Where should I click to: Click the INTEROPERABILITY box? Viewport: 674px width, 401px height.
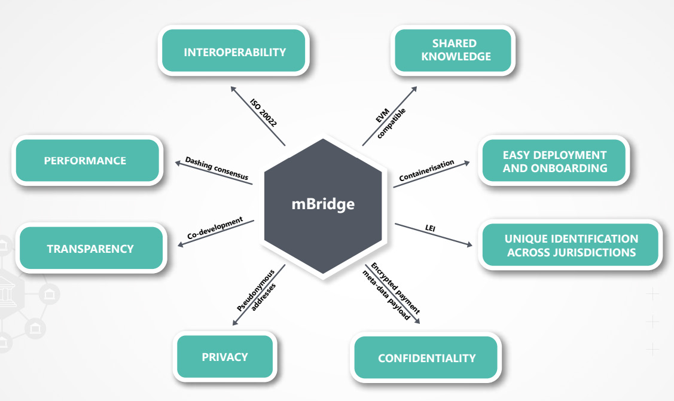[234, 52]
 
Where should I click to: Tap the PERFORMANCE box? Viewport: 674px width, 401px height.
[85, 160]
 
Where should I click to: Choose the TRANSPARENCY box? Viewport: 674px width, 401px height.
[90, 248]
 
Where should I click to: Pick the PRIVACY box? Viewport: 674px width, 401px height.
[224, 357]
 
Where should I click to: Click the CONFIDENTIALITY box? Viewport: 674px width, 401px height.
[426, 358]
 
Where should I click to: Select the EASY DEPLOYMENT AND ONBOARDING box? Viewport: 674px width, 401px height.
[554, 161]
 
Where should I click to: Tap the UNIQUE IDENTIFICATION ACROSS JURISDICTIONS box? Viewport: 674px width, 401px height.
[571, 246]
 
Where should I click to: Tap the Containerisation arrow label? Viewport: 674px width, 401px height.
[426, 170]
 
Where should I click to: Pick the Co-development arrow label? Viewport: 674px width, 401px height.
[215, 228]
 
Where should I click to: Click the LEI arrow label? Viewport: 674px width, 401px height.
[429, 227]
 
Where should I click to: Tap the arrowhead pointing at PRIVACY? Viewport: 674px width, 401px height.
[233, 323]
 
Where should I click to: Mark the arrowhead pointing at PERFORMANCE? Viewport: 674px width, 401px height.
[175, 161]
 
